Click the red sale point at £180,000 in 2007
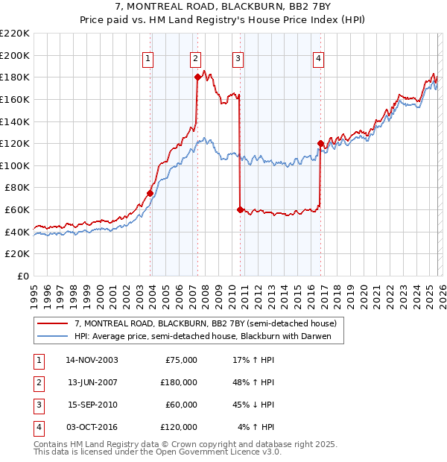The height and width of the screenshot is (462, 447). (197, 77)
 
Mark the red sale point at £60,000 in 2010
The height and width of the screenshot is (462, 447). (240, 209)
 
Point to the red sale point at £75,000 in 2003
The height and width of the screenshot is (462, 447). (150, 193)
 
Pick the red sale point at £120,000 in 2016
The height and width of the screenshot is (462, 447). (320, 143)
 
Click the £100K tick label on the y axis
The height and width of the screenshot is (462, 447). (15, 165)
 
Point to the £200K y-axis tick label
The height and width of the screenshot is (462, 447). (15, 55)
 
